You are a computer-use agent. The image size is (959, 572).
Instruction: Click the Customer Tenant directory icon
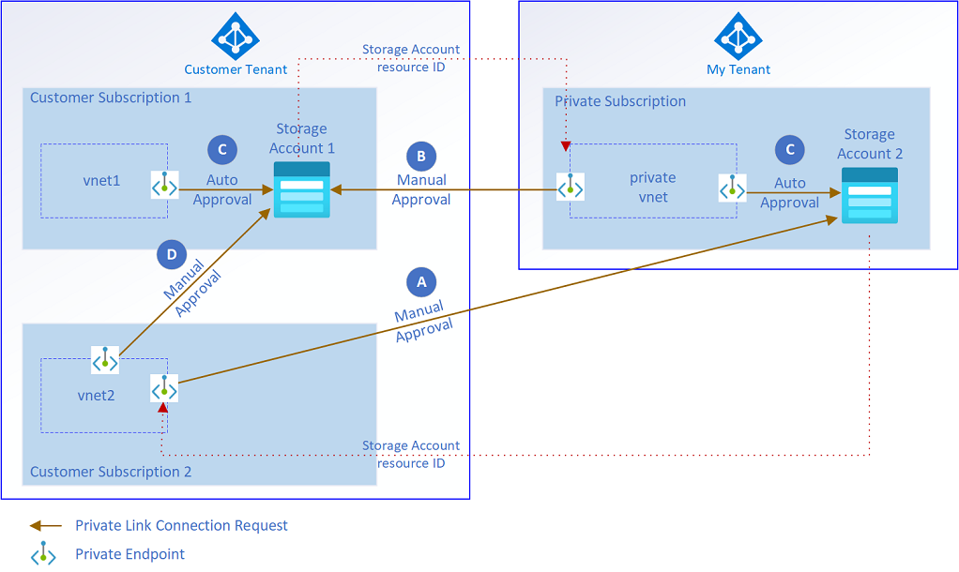235,36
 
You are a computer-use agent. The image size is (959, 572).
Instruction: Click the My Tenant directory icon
738,36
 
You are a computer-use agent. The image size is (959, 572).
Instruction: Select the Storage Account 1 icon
301,189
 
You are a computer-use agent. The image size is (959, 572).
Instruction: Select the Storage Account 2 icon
869,195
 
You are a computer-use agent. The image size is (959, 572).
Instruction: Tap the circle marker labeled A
420,281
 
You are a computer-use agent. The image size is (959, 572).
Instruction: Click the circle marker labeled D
171,254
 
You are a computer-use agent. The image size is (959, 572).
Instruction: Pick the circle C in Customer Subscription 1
221,149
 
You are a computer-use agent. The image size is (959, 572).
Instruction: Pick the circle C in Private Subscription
790,150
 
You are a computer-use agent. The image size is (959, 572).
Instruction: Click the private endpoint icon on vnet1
164,185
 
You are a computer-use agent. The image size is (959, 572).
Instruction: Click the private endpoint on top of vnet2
105,359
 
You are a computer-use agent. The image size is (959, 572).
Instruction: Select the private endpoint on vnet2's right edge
164,387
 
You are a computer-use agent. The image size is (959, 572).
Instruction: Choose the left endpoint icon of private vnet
570,188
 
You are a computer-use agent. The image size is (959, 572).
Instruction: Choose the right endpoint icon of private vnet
732,188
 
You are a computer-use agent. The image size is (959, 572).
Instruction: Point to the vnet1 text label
101,180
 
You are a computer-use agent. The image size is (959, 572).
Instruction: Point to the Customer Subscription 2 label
111,472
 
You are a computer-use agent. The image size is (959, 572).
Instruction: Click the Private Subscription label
620,101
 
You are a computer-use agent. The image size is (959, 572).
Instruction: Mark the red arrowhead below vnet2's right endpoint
163,408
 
